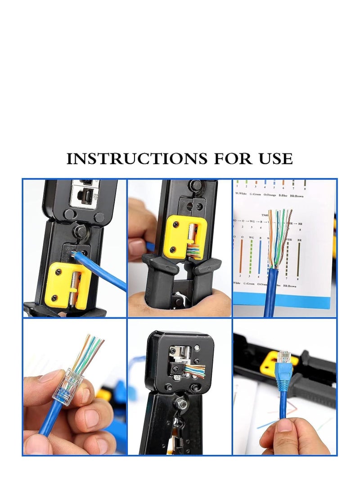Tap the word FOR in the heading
(228, 159)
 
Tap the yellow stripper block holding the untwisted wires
(178, 236)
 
